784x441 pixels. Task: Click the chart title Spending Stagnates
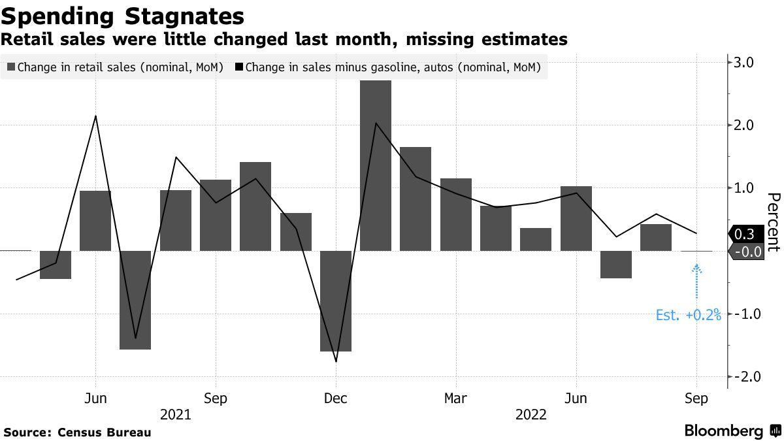[123, 15]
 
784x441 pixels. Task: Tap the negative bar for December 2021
[336, 301]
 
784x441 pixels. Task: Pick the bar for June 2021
[95, 220]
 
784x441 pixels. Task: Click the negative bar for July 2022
[616, 264]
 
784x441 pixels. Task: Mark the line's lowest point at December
[336, 361]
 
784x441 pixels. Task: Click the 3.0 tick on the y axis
[745, 63]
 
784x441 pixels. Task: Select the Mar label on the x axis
[455, 399]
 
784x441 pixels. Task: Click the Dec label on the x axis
[336, 399]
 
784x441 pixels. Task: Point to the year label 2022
[532, 414]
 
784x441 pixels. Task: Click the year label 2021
[176, 414]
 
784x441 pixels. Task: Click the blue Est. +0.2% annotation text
[688, 316]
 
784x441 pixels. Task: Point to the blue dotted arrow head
[696, 266]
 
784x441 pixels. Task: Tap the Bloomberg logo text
[723, 431]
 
